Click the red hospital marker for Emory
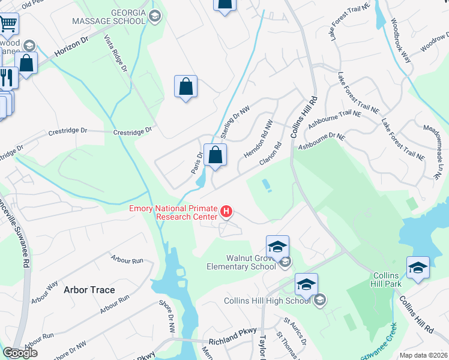226,211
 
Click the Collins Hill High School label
267,301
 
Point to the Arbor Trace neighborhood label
89,290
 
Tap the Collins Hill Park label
386,280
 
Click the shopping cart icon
8,24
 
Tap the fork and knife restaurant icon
7,77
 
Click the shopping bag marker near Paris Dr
214,155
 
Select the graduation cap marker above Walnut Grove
277,246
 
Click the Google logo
20,353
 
